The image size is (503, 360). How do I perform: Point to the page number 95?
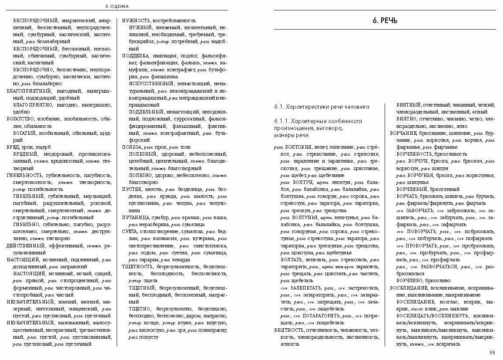[x=492, y=353]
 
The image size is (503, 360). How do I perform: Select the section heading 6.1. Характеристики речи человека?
[x=322, y=107]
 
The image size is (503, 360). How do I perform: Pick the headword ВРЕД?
[x=13, y=147]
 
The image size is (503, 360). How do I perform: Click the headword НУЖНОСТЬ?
[x=136, y=20]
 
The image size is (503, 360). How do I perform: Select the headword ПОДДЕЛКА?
[x=136, y=56]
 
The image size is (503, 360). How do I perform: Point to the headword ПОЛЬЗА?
[x=132, y=147]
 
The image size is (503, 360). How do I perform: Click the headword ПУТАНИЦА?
[x=136, y=217]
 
